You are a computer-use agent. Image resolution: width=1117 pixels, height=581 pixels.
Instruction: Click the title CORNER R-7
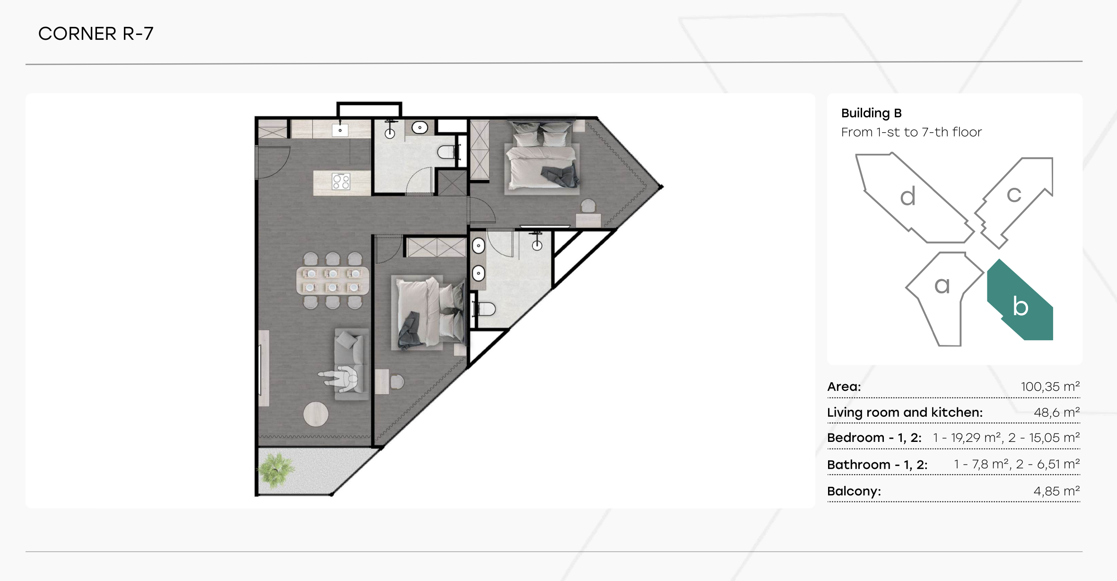coord(96,34)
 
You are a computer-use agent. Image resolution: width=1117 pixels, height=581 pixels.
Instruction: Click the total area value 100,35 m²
coord(1050,387)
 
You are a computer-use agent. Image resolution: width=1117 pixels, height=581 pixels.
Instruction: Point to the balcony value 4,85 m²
coord(1057,491)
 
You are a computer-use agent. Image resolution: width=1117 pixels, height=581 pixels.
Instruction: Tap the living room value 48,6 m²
coord(1057,412)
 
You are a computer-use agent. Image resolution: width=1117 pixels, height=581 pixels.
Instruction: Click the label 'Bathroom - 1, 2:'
coord(877,465)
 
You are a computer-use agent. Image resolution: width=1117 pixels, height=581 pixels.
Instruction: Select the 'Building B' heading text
coord(871,113)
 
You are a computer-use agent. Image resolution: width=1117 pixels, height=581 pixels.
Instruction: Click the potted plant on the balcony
coord(276,470)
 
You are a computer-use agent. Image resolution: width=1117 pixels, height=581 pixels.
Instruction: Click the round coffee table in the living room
coord(315,414)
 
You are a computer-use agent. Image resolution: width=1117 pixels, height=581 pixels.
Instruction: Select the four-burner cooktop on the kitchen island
coord(341,181)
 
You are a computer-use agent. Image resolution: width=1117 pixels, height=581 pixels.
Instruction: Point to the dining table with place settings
coord(332,281)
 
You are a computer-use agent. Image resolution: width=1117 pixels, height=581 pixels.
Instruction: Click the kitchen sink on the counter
coord(340,129)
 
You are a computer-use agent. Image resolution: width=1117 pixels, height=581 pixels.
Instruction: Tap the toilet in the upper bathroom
coord(447,152)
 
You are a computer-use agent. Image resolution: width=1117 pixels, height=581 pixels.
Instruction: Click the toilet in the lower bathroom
coord(484,309)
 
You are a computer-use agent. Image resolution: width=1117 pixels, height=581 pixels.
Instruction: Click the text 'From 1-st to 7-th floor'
coord(911,132)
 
